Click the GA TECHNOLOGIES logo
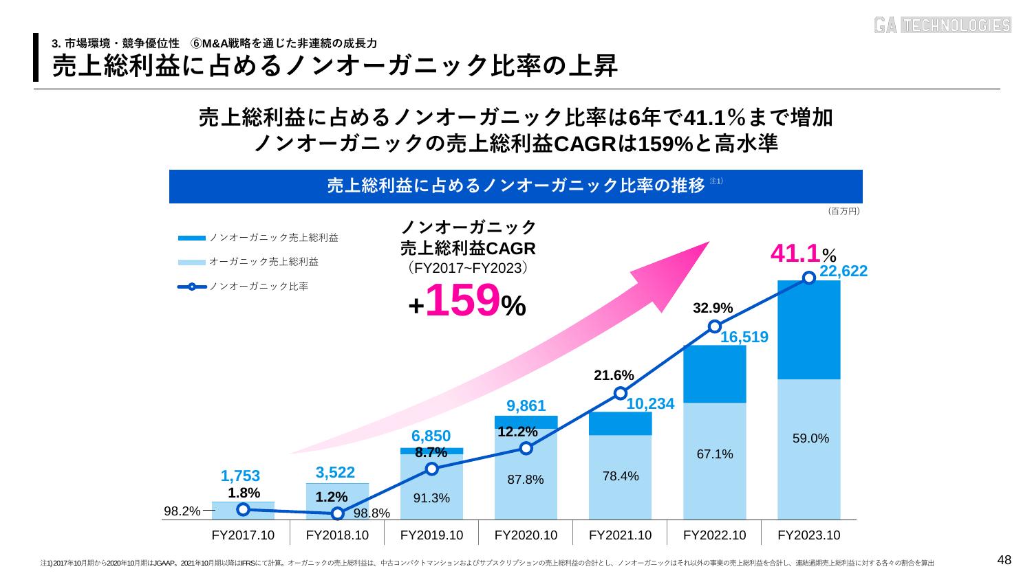[x=943, y=25]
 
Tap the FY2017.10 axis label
[x=243, y=535]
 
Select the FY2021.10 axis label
[x=620, y=535]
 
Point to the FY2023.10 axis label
[x=808, y=535]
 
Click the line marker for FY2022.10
[x=715, y=326]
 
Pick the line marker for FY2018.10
[x=337, y=513]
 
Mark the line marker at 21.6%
[x=621, y=393]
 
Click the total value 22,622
[x=843, y=271]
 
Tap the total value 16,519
[x=744, y=337]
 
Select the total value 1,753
[x=241, y=476]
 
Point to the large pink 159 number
[x=462, y=302]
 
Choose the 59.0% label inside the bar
[x=810, y=438]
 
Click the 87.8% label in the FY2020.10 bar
[x=526, y=480]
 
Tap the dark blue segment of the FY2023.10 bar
[x=809, y=330]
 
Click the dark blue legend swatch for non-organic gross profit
[x=192, y=238]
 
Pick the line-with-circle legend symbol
[x=192, y=287]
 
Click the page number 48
[x=1004, y=561]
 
